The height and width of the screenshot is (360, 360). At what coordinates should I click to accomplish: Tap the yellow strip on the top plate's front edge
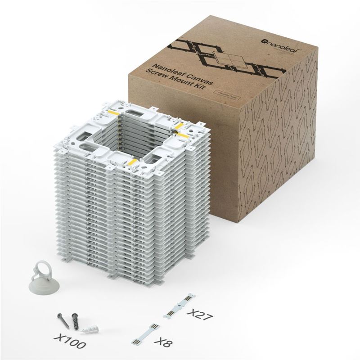[x=133, y=160]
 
